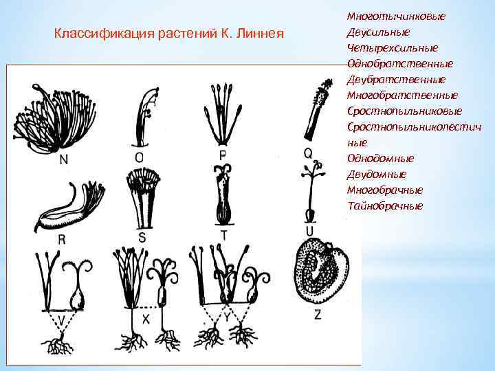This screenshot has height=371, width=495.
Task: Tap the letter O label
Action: (140, 157)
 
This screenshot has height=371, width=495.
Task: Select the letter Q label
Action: (309, 153)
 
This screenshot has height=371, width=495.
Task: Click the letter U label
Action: (310, 230)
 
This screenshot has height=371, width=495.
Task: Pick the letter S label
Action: (142, 237)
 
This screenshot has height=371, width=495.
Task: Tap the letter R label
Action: (63, 240)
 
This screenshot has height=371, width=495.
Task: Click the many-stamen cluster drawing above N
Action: (54, 117)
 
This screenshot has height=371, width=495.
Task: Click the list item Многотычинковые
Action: (396, 16)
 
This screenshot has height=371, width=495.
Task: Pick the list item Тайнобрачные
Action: (385, 206)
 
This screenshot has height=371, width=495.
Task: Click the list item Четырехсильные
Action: (393, 47)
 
